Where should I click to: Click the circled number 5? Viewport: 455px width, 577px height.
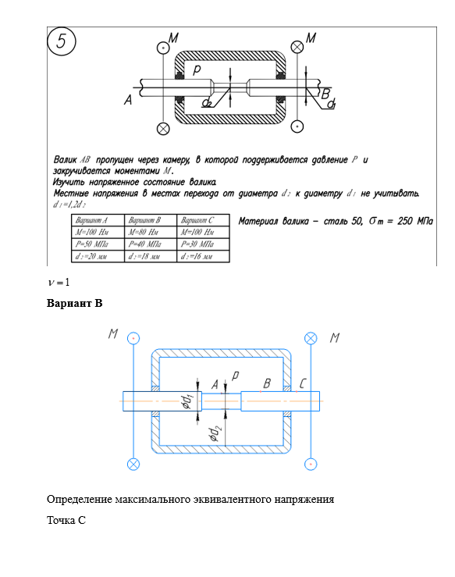62,41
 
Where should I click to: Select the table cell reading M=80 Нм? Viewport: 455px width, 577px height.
151,232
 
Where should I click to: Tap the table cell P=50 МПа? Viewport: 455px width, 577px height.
98,244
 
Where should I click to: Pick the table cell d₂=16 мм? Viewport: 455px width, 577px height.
203,256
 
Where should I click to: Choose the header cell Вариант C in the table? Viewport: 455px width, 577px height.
203,220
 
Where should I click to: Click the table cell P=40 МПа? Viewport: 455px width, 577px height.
151,244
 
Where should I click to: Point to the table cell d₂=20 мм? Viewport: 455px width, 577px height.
98,256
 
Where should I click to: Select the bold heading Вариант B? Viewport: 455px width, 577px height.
74,303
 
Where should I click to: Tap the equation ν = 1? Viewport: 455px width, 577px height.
59,282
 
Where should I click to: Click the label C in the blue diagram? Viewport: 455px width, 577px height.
302,384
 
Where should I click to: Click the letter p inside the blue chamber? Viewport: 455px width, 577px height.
235,375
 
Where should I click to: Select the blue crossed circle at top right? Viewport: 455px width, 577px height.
311,338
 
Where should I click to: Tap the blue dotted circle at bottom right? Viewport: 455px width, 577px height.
311,465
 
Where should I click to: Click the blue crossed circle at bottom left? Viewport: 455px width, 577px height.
133,465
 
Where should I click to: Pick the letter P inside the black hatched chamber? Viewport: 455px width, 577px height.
197,69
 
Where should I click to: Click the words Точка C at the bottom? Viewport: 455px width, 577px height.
66,520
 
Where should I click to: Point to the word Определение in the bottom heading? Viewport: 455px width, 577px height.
80,500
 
